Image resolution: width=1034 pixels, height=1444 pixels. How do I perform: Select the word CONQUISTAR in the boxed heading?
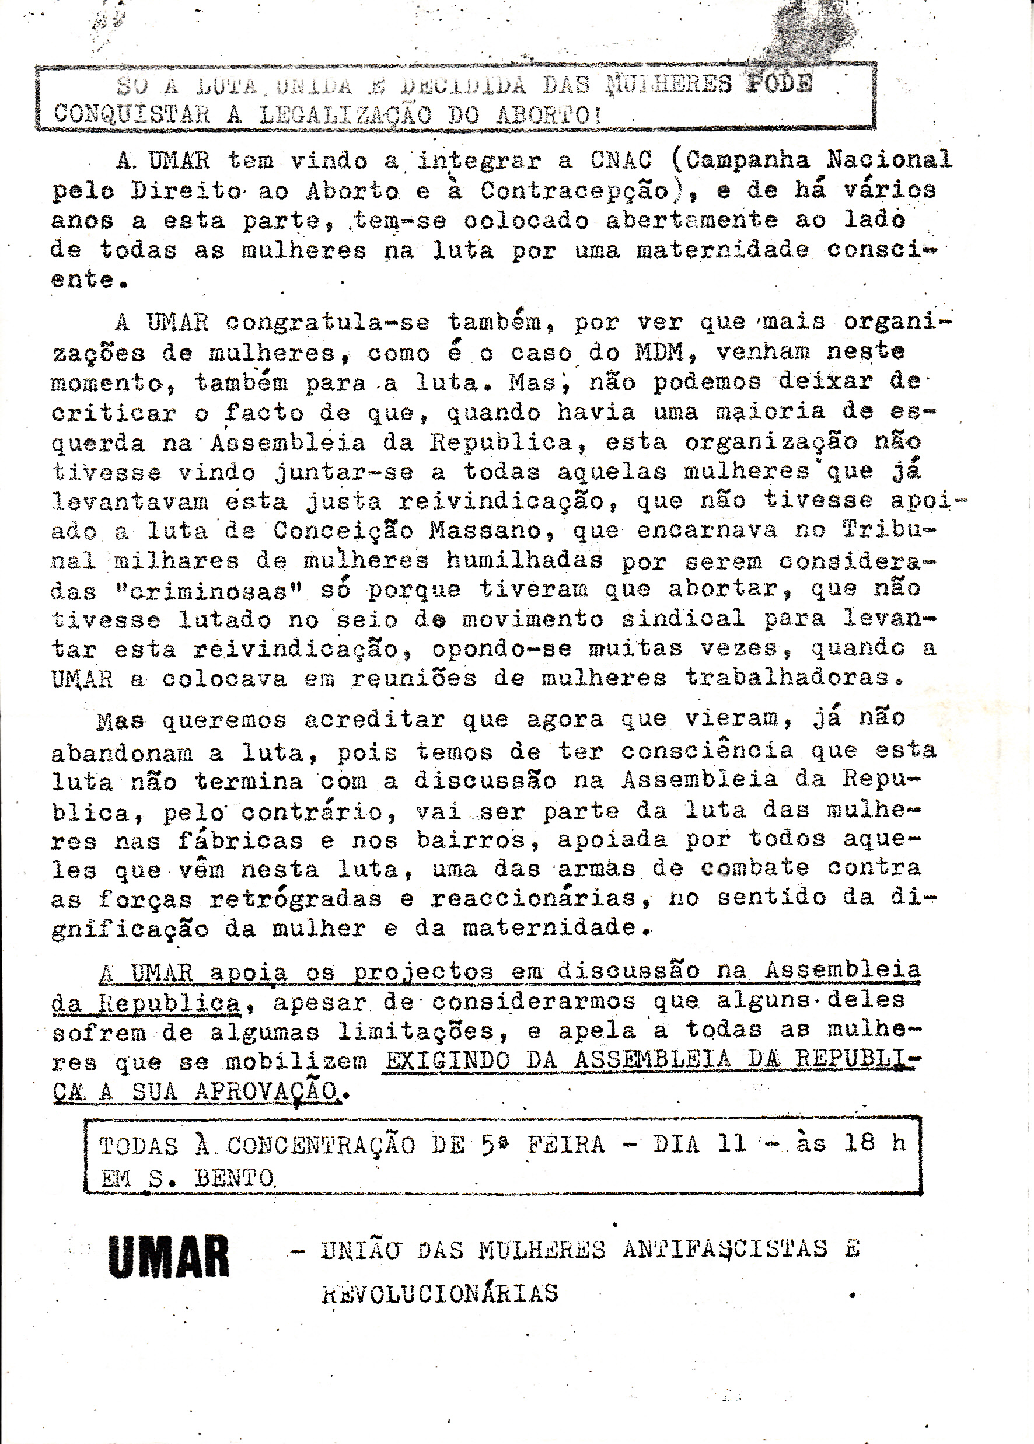[132, 114]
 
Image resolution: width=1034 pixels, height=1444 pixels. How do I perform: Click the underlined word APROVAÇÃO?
[266, 1091]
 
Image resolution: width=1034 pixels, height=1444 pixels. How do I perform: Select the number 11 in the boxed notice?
[732, 1143]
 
